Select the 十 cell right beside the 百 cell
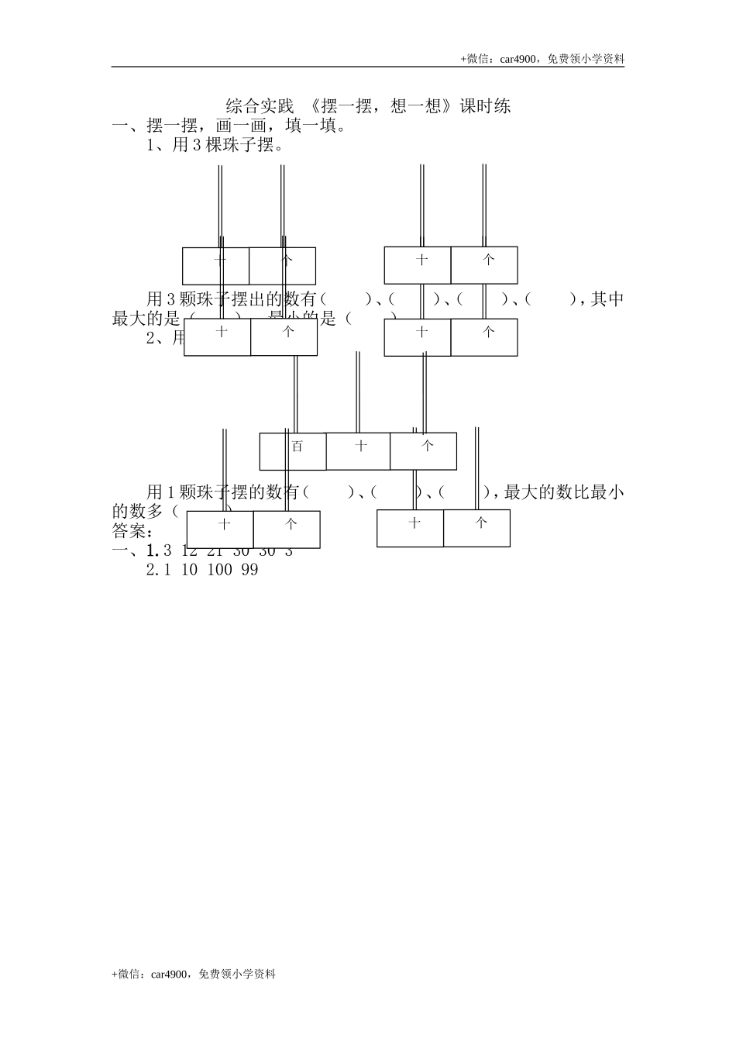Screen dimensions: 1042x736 pos(358,451)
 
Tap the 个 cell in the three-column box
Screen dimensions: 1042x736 pos(423,451)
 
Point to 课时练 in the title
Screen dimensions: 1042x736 pos(486,105)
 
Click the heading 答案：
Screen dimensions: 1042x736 pos(132,532)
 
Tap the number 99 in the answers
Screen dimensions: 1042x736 pos(249,570)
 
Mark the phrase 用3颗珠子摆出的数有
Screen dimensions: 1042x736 pos(232,299)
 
